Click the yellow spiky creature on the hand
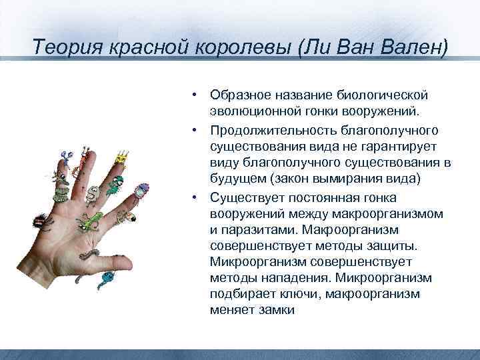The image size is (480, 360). pos(121,158)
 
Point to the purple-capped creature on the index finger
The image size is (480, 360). pos(65,157)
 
